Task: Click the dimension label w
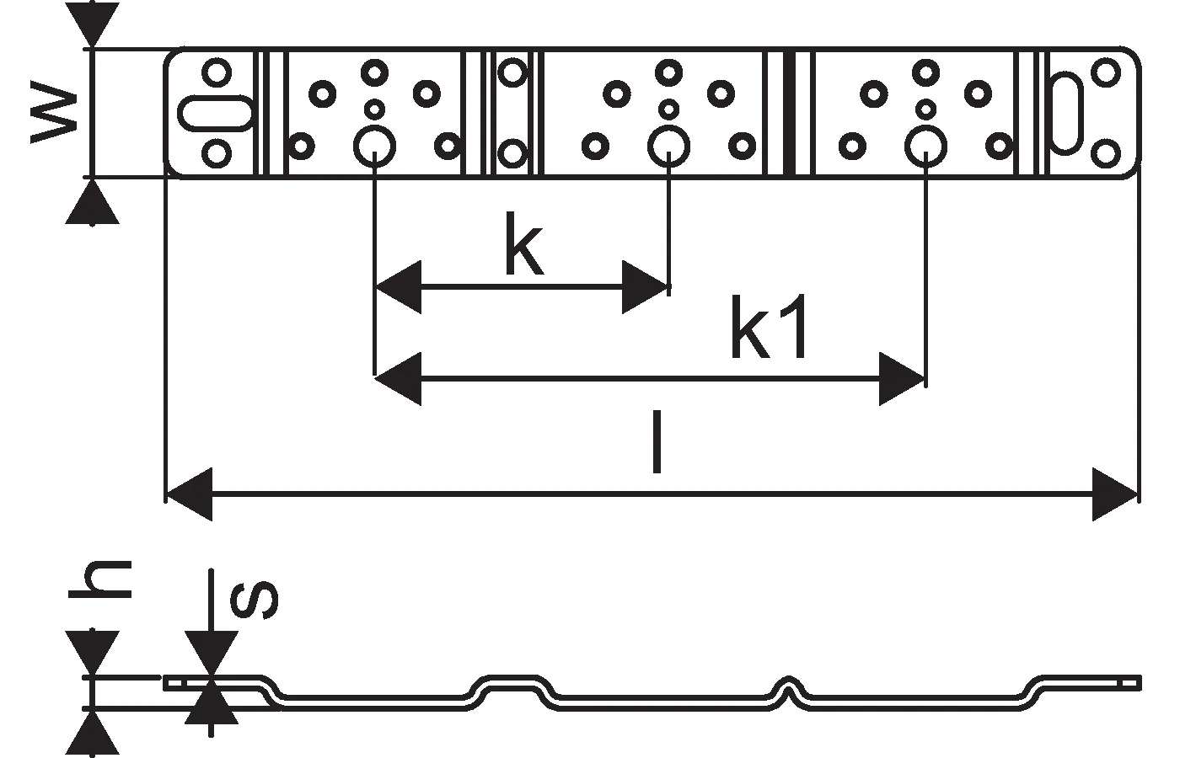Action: [54, 111]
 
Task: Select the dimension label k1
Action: [769, 327]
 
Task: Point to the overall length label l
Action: [657, 442]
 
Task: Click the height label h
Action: [100, 579]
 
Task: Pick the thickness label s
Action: [254, 600]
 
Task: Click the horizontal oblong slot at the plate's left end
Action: [216, 113]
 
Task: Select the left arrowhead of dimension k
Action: [398, 287]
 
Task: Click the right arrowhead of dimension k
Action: [645, 287]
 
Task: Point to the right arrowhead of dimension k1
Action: [902, 379]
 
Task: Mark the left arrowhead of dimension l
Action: [190, 494]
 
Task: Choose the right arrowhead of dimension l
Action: [1114, 494]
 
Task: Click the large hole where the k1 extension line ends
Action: [925, 146]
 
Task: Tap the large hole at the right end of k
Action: [668, 146]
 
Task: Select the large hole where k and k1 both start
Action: [374, 146]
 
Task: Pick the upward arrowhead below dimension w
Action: [92, 201]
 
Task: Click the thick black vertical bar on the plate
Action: [789, 113]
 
